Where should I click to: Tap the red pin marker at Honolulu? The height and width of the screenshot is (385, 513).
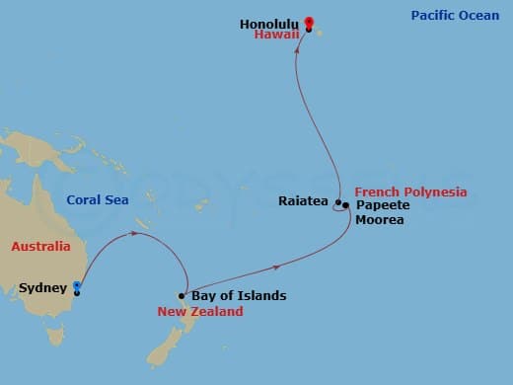pyautogui.click(x=309, y=23)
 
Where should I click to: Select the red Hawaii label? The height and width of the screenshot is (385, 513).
pyautogui.click(x=275, y=35)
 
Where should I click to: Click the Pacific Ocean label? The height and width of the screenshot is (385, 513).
pyautogui.click(x=455, y=16)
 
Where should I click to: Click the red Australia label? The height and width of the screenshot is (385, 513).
pyautogui.click(x=40, y=247)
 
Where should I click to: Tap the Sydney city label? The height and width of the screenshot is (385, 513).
pyautogui.click(x=42, y=288)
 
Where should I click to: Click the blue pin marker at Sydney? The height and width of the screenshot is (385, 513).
pyautogui.click(x=77, y=287)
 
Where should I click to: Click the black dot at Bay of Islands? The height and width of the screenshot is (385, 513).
pyautogui.click(x=183, y=295)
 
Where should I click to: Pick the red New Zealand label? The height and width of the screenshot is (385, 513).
pyautogui.click(x=200, y=312)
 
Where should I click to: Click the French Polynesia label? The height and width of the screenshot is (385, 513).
pyautogui.click(x=410, y=192)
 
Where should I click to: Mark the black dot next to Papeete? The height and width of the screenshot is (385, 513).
pyautogui.click(x=346, y=205)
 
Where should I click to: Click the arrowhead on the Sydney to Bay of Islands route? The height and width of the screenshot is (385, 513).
pyautogui.click(x=136, y=234)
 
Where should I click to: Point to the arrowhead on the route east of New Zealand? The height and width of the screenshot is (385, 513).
pyautogui.click(x=276, y=267)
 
